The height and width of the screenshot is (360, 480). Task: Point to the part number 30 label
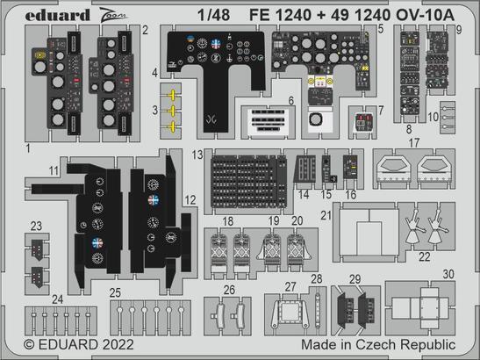[448, 274]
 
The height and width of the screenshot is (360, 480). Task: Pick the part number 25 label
[115, 292]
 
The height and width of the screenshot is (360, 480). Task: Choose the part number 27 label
[290, 287]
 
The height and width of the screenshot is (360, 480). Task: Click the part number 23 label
[35, 225]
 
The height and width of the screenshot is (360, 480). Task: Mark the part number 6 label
[290, 102]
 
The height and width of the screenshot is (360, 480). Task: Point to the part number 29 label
[355, 278]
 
